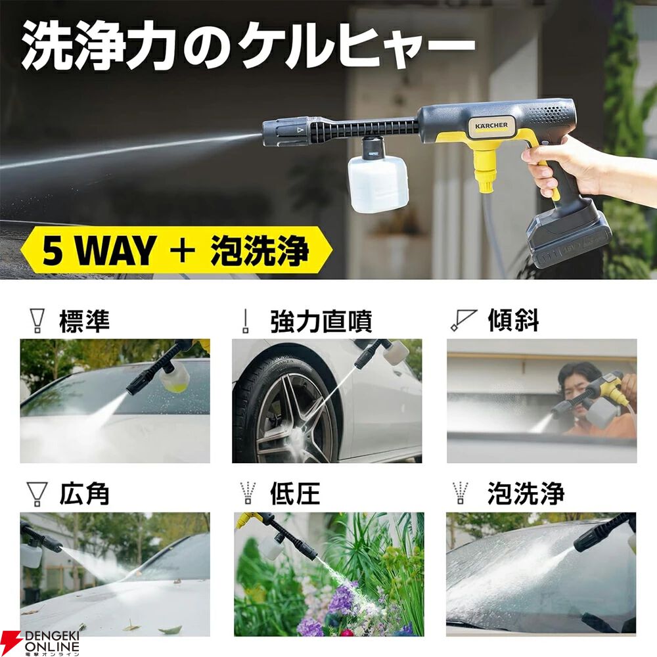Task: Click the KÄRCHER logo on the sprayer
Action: point(491,125)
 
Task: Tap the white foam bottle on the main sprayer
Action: point(378,183)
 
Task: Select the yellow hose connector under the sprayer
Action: point(486,170)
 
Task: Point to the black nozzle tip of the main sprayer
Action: point(286,131)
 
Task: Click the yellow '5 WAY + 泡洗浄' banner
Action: point(176,250)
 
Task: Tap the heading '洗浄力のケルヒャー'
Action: point(248,46)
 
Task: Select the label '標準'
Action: point(85,321)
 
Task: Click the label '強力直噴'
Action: point(321,321)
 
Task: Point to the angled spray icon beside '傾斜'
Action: point(463,320)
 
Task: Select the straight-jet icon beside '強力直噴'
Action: point(246,321)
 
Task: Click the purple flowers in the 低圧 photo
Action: point(331,603)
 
